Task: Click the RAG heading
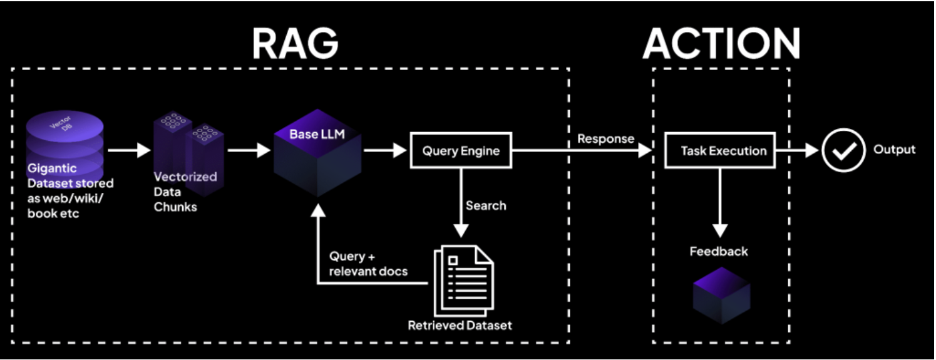click(295, 43)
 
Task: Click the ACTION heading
click(721, 43)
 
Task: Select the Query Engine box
click(460, 150)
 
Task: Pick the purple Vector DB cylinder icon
click(64, 141)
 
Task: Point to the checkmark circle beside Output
click(843, 150)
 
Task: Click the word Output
click(894, 150)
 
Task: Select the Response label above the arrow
click(605, 138)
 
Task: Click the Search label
click(486, 205)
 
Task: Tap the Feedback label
click(719, 252)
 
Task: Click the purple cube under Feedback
click(722, 295)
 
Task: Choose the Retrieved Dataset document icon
click(463, 278)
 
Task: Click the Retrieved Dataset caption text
click(460, 326)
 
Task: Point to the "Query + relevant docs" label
click(368, 264)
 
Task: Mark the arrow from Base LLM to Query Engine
click(384, 150)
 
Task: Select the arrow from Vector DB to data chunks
click(129, 150)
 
